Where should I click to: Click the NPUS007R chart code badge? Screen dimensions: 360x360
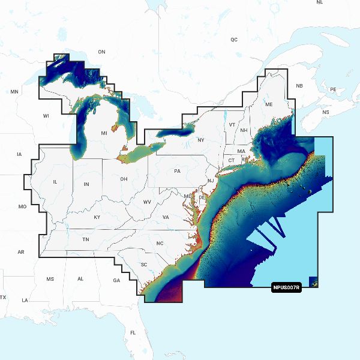click(286, 287)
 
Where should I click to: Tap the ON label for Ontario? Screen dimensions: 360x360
click(101, 52)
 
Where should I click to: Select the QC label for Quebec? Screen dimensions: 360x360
click(234, 40)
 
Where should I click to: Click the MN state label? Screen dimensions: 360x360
click(15, 92)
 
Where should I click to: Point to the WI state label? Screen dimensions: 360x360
click(46, 115)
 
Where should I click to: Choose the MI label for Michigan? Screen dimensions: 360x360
click(104, 133)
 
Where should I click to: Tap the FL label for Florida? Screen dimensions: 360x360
click(133, 332)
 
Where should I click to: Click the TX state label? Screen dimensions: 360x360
click(3, 298)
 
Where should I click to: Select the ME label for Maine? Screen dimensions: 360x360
click(269, 104)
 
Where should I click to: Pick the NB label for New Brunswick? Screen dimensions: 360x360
click(299, 86)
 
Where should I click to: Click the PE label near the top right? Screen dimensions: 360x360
click(333, 89)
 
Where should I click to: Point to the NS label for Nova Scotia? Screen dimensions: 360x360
click(326, 113)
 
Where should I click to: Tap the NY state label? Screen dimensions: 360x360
click(200, 140)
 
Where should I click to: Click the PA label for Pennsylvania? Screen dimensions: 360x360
click(177, 171)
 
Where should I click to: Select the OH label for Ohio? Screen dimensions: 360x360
click(124, 179)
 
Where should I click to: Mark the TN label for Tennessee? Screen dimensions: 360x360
click(86, 239)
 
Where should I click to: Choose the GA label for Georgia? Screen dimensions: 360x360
click(116, 280)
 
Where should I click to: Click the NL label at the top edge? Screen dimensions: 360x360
click(319, 2)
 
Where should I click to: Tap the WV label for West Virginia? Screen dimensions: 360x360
click(147, 202)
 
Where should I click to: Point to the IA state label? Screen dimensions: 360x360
click(19, 155)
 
